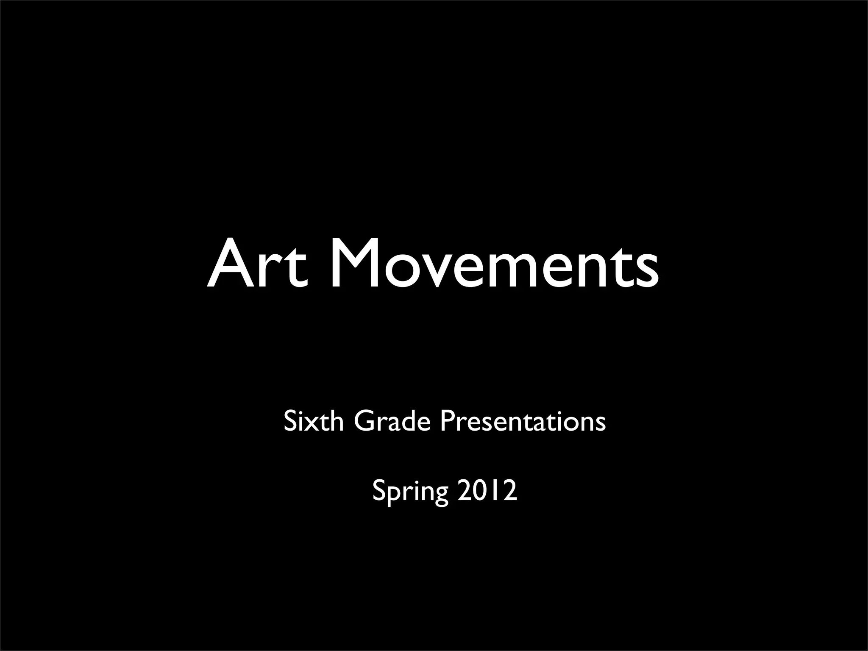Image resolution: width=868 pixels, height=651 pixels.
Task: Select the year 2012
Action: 487,491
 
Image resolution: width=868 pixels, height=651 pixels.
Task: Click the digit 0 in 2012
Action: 480,491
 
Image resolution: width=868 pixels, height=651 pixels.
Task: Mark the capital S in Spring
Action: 379,491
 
